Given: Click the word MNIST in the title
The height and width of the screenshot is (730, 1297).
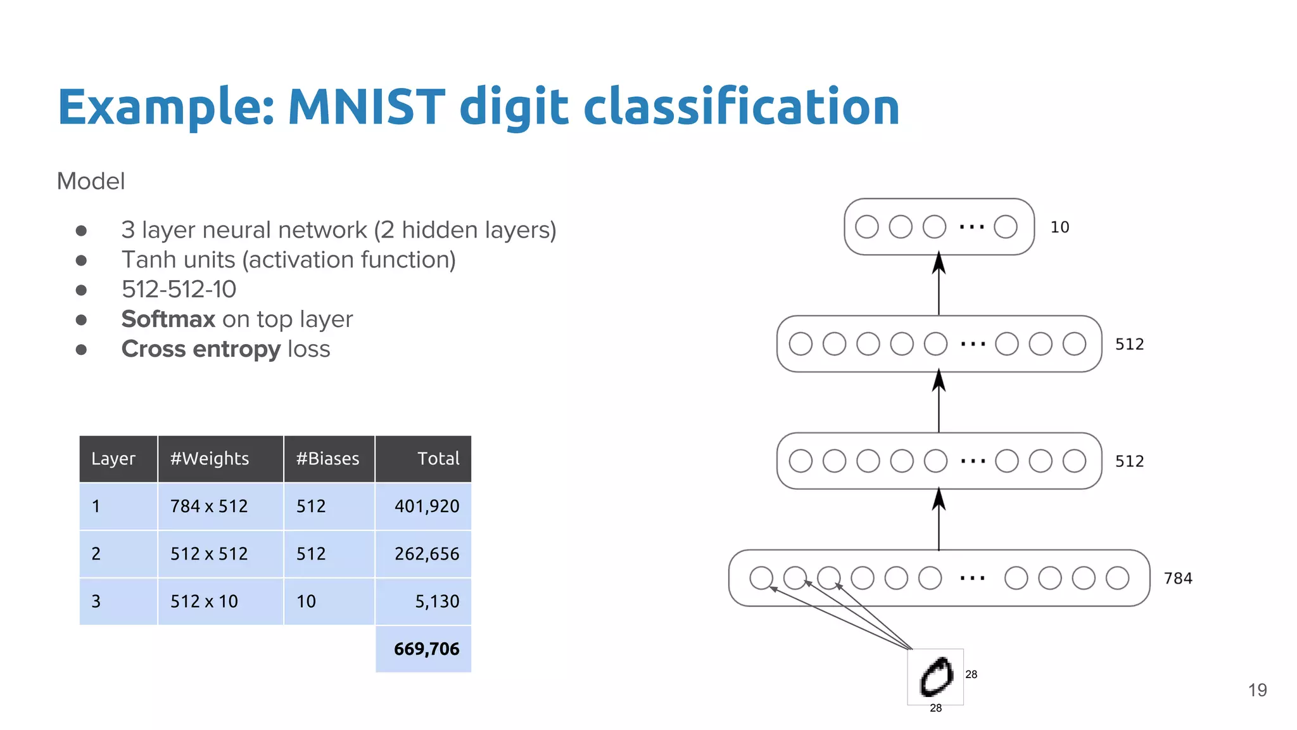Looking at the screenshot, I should (366, 106).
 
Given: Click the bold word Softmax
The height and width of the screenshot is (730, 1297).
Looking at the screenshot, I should (168, 319).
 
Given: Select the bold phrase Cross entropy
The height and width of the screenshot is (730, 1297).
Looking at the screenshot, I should (201, 349).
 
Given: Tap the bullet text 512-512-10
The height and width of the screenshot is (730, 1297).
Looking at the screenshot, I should (179, 290).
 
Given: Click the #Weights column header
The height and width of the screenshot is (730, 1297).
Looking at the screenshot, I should (210, 459).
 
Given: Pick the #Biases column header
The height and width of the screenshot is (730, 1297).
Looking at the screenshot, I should (327, 459).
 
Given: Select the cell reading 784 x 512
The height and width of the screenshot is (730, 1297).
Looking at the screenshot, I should (209, 506).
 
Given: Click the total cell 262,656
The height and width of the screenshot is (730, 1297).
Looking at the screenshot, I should (427, 554).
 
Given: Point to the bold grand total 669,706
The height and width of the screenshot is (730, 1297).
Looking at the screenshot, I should (426, 649).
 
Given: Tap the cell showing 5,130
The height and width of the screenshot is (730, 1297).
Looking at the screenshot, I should (437, 601).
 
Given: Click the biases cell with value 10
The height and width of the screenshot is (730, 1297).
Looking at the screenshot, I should (307, 601).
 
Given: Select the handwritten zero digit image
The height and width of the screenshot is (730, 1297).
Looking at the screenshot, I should (935, 677).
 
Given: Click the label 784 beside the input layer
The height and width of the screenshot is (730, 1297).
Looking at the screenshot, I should (1178, 579).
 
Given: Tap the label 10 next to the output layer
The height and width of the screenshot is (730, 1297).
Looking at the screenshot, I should (1060, 227).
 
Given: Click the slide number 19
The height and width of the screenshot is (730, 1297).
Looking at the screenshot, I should (1257, 690).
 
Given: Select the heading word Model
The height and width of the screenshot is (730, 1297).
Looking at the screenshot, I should (91, 181).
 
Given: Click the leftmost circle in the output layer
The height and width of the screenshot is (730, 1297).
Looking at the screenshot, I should (866, 227).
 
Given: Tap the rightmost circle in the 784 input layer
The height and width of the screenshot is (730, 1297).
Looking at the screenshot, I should (1117, 578).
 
